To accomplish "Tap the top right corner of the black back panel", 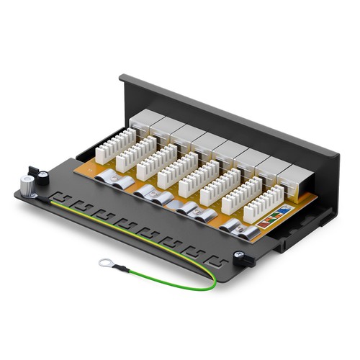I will (338, 153).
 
